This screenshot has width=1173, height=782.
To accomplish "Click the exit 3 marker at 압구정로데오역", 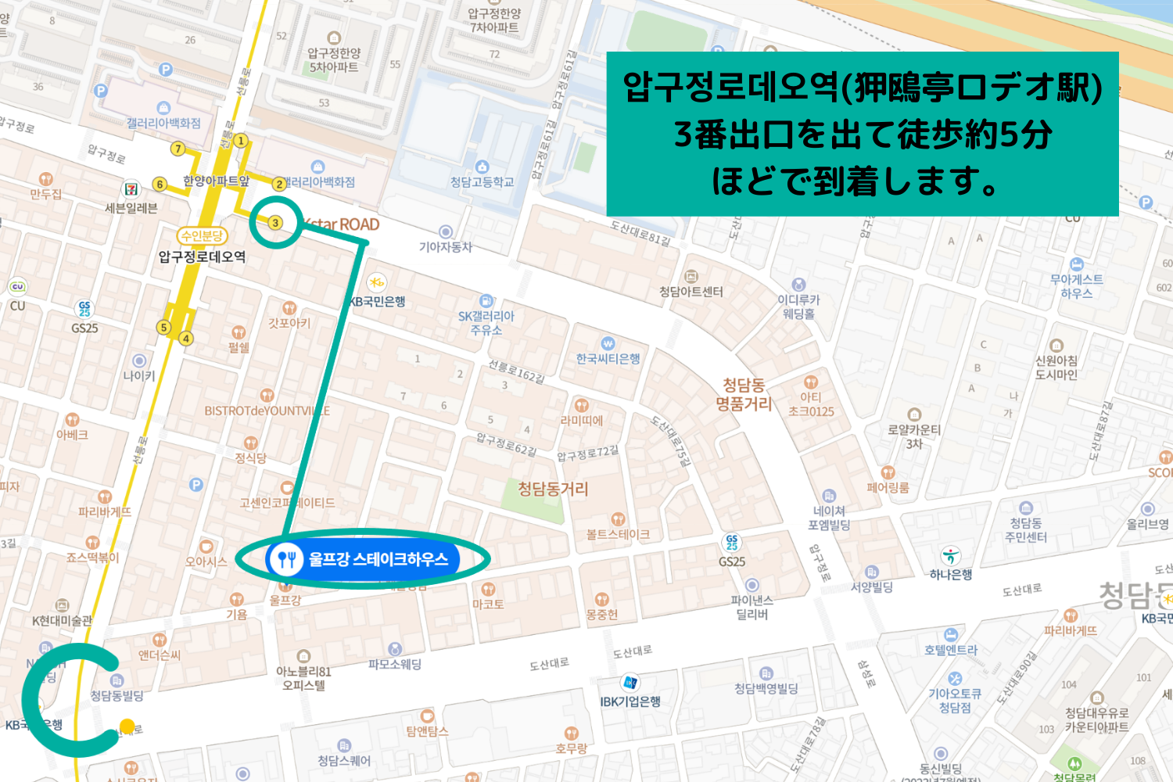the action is [275, 223].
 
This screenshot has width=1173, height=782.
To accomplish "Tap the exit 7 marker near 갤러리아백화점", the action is [178, 149].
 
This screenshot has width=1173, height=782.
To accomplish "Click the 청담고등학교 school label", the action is [482, 181].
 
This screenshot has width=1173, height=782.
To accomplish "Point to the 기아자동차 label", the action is [446, 246].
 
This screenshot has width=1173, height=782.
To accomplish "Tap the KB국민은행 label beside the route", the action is [378, 301].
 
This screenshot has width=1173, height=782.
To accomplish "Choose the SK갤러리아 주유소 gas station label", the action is [486, 322].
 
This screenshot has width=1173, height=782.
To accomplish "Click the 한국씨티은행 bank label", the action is [608, 358].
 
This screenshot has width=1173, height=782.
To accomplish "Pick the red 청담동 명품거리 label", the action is [744, 394].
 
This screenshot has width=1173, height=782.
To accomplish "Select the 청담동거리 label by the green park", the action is [553, 489].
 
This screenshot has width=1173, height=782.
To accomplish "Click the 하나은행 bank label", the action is [951, 574].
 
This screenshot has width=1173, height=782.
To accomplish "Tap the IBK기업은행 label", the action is [630, 701].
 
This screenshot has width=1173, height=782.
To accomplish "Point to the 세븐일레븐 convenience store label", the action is [131, 207].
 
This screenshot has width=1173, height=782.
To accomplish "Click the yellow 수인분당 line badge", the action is [202, 235].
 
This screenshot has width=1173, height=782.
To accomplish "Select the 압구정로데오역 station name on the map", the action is [202, 256].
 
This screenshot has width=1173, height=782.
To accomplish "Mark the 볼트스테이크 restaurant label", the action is [618, 534].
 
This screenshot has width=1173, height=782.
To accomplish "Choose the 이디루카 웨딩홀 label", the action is [798, 306].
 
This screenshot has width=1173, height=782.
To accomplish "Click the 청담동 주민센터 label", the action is [1026, 529].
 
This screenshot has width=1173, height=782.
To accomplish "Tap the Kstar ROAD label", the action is [343, 225].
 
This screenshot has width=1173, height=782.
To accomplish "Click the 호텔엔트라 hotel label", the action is [951, 649].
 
